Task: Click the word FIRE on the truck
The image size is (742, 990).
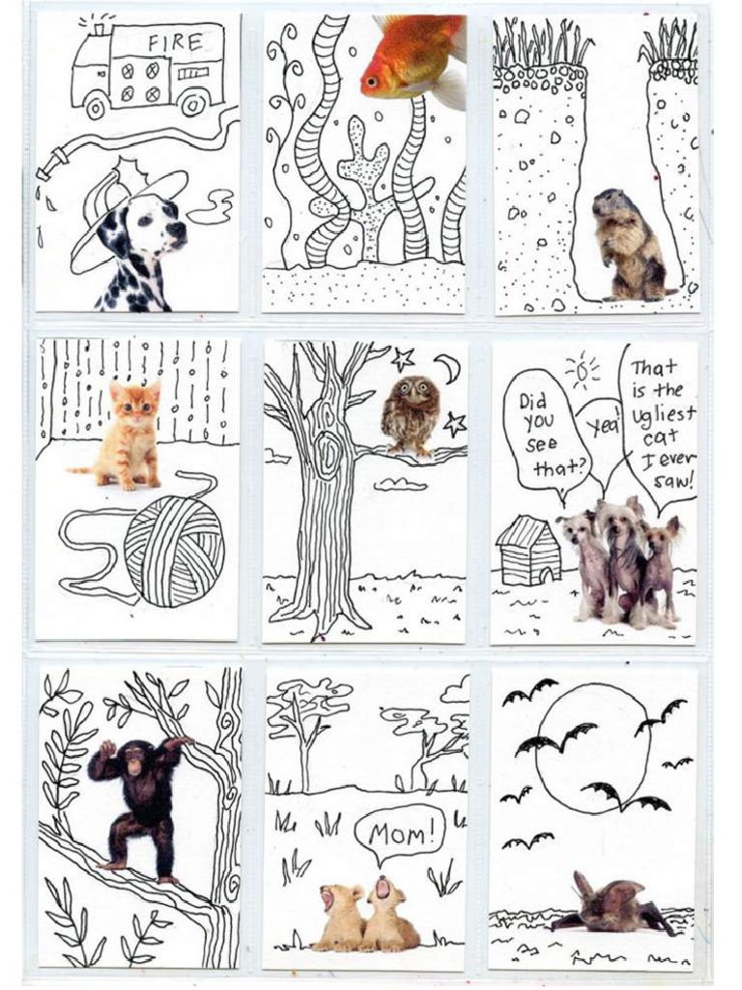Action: tap(176, 42)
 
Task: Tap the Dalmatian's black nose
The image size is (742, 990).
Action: tap(179, 230)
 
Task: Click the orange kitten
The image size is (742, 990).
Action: tap(131, 434)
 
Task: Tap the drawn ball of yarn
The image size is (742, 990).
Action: tap(174, 550)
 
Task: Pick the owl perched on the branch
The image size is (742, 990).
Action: tap(410, 414)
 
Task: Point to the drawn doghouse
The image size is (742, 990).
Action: tap(528, 550)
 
